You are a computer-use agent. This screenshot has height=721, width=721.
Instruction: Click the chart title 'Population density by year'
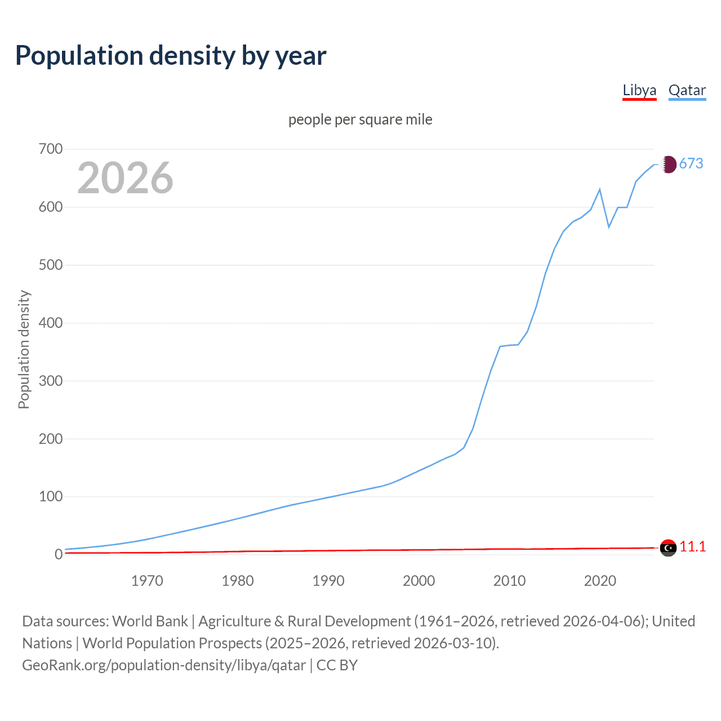(x=171, y=56)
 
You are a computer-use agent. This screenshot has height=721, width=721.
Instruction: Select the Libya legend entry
(x=639, y=91)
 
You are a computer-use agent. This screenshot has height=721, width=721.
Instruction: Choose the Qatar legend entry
(x=687, y=91)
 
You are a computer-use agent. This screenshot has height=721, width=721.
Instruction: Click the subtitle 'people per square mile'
(x=360, y=120)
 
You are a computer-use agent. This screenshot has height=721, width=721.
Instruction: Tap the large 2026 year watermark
(x=125, y=178)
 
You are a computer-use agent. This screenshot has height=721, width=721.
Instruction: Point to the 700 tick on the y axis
(x=51, y=149)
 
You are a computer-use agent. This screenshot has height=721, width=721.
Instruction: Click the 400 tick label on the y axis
(x=51, y=323)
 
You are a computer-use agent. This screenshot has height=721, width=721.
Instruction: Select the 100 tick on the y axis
(x=51, y=497)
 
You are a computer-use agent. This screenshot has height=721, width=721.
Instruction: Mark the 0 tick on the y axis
(x=59, y=555)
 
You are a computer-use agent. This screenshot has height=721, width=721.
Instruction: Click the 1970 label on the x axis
(x=147, y=581)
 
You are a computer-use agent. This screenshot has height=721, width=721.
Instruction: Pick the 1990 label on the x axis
(x=328, y=581)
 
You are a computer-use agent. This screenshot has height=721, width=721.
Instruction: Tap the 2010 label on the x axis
(x=509, y=581)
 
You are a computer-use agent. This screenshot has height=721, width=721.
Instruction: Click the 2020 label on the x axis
(x=600, y=581)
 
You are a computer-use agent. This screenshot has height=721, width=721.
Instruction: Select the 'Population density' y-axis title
(x=24, y=349)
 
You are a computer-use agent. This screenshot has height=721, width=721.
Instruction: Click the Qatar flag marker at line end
(x=668, y=164)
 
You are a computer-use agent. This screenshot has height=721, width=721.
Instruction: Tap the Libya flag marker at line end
(x=668, y=548)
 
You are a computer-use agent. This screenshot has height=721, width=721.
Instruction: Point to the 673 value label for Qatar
(x=691, y=164)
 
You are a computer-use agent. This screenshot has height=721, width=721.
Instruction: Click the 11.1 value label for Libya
(x=693, y=547)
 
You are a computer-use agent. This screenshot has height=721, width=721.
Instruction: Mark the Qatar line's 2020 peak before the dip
(x=600, y=189)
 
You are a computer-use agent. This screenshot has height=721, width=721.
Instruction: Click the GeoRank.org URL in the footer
(x=164, y=665)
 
